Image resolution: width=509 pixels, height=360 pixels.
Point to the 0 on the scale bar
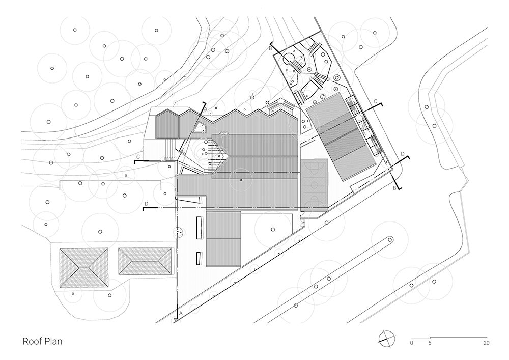(x=411, y=343)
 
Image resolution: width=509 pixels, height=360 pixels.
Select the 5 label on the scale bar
(x=430, y=343)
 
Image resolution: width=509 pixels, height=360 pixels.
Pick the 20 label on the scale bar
(x=487, y=343)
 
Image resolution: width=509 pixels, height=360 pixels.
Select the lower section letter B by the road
(x=395, y=188)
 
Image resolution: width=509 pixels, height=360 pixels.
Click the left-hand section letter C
(x=138, y=157)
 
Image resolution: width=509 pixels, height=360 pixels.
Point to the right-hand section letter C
(x=375, y=102)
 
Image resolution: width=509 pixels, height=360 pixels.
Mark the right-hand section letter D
(x=403, y=153)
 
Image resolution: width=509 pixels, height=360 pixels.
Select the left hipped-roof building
(x=84, y=268)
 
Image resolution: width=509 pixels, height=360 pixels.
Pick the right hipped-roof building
(x=145, y=261)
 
